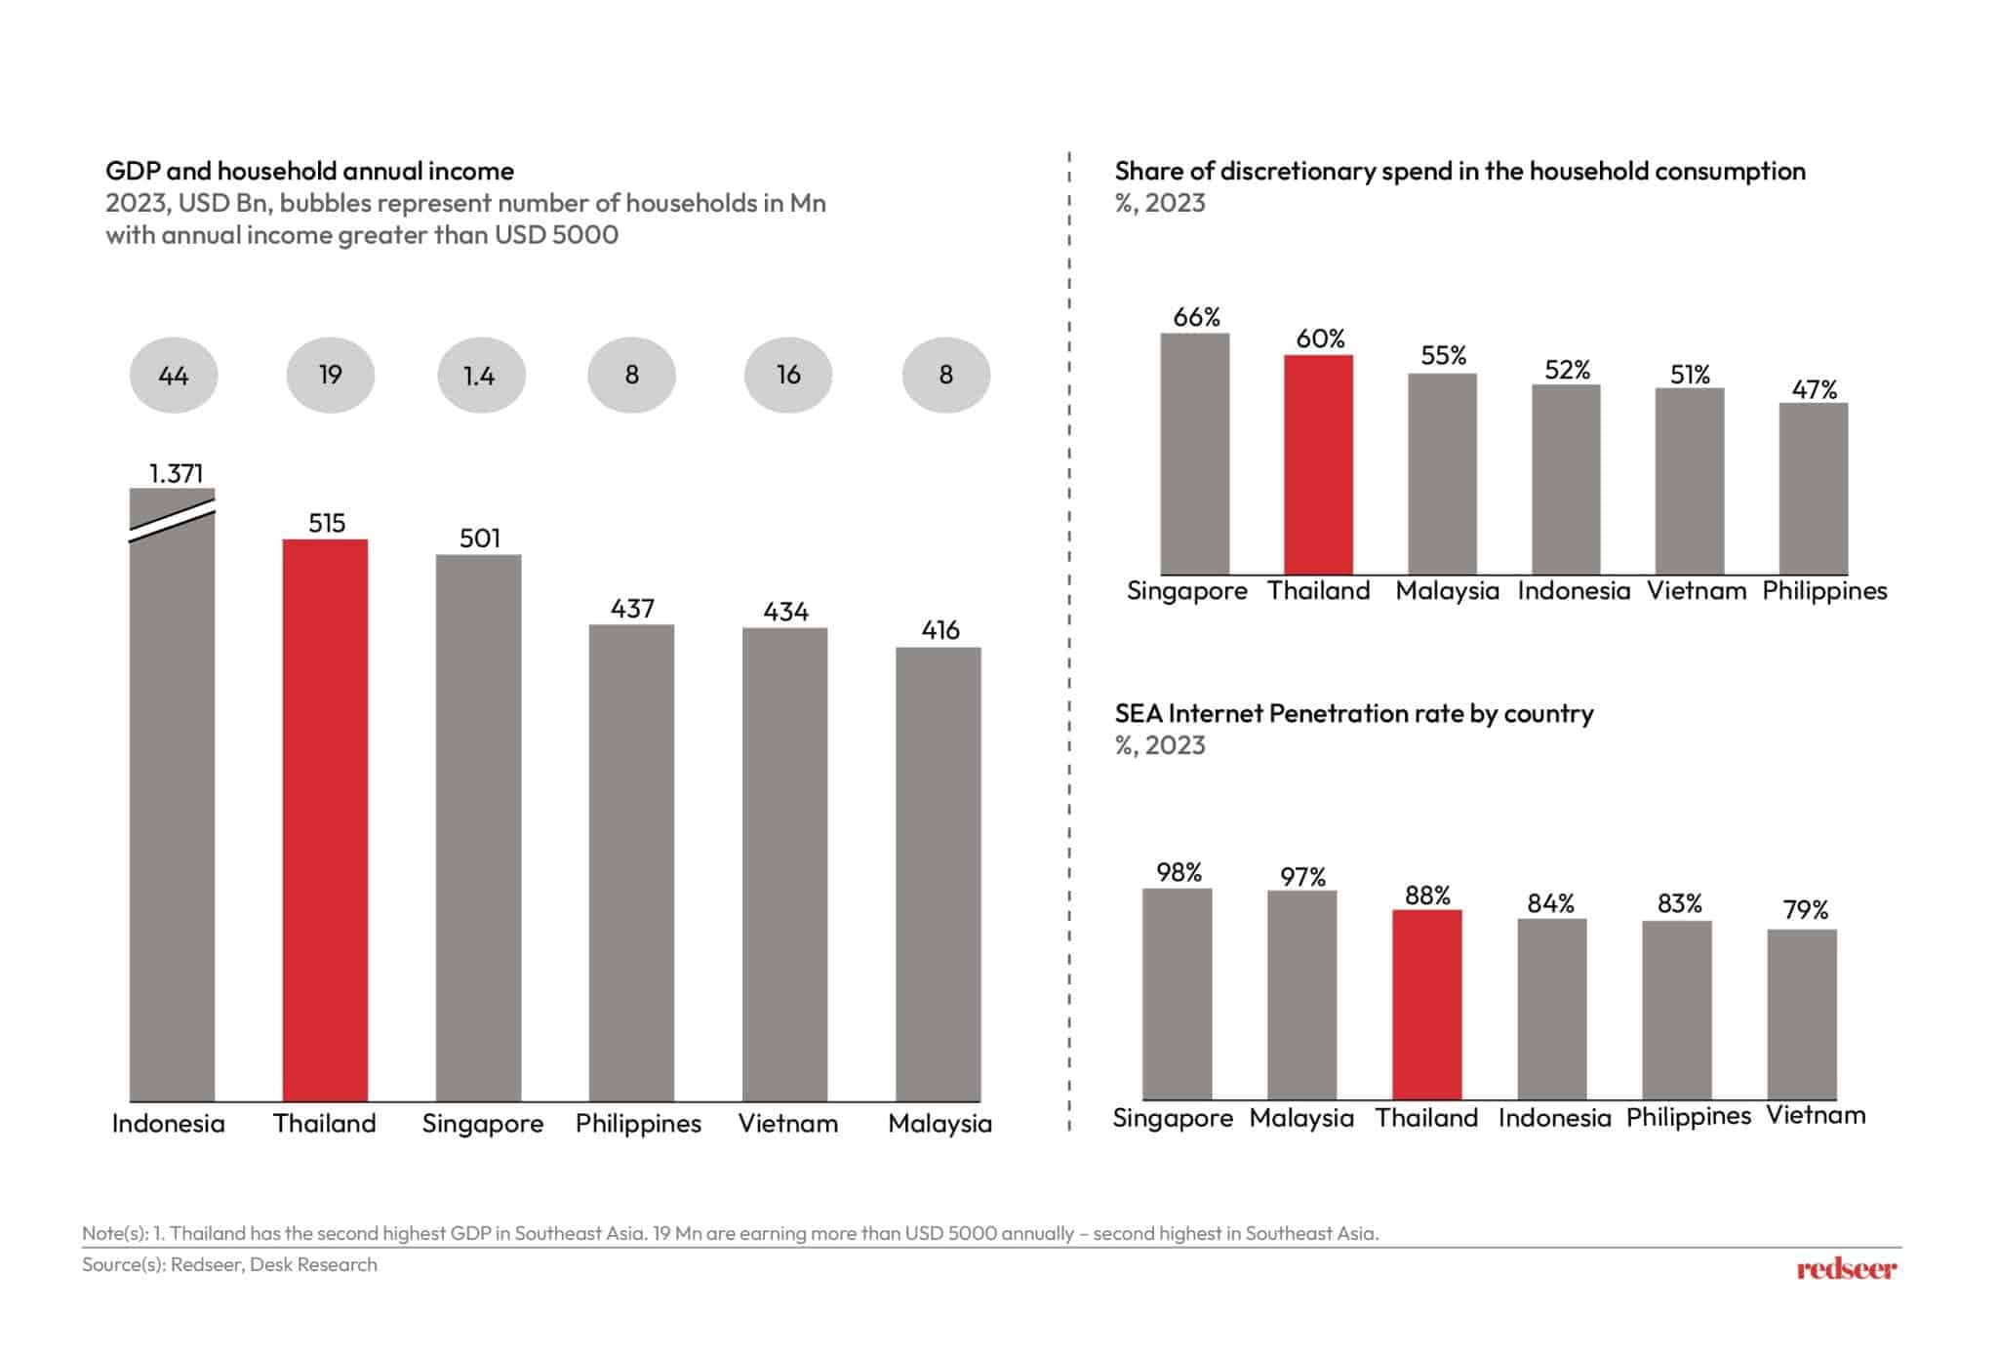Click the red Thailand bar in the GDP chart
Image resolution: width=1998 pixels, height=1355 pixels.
point(325,819)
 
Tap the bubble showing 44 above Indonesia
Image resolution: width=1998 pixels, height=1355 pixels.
point(174,376)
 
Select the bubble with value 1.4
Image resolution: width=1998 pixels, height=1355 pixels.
point(480,376)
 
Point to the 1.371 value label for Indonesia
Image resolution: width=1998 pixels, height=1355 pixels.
point(176,474)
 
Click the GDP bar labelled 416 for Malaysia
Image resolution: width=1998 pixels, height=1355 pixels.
point(938,873)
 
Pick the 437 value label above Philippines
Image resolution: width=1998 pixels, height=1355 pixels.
point(632,609)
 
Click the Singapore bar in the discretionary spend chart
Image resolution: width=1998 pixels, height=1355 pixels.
point(1194,454)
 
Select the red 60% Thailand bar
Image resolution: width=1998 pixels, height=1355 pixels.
point(1318,464)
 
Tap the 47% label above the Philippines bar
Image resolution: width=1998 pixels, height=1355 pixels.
point(1814,390)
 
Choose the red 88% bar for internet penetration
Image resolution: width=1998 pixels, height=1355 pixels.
point(1426,1005)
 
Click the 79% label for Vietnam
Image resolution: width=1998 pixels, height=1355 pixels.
point(1805,910)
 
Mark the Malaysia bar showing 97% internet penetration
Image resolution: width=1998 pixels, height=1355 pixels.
point(1301,995)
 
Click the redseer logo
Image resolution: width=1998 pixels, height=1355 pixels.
point(1846,1269)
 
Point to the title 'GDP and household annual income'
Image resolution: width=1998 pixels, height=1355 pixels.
point(309,172)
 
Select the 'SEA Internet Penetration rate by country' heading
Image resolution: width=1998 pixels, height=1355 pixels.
point(1353,714)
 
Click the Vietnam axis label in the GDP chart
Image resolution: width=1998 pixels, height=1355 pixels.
point(787,1124)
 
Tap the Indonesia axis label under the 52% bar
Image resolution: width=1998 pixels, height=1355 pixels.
point(1573,591)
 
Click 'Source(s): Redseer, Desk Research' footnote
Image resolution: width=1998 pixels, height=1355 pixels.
point(229,1265)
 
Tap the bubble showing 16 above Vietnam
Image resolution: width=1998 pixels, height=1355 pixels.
point(788,376)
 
